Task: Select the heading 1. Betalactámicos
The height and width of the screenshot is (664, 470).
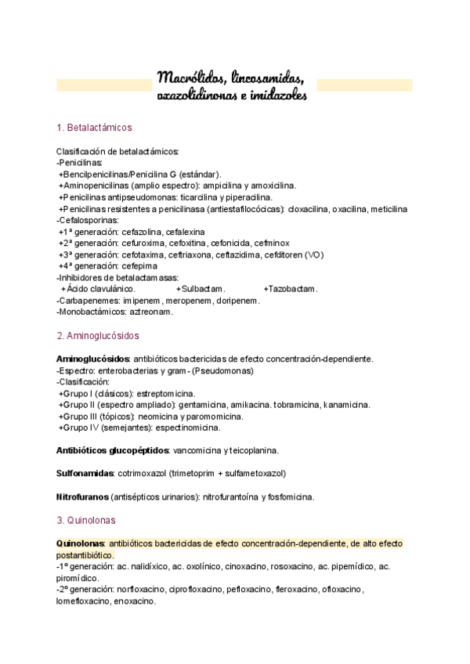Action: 94,128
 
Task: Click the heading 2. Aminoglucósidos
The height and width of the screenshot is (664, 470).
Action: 99,336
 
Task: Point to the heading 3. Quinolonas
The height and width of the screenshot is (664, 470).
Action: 88,519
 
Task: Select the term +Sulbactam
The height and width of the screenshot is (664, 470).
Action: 201,289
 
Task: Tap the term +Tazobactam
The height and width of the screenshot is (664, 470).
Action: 291,289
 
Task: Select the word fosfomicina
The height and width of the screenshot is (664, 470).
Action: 287,496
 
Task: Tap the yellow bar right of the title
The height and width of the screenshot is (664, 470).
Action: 365,85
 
